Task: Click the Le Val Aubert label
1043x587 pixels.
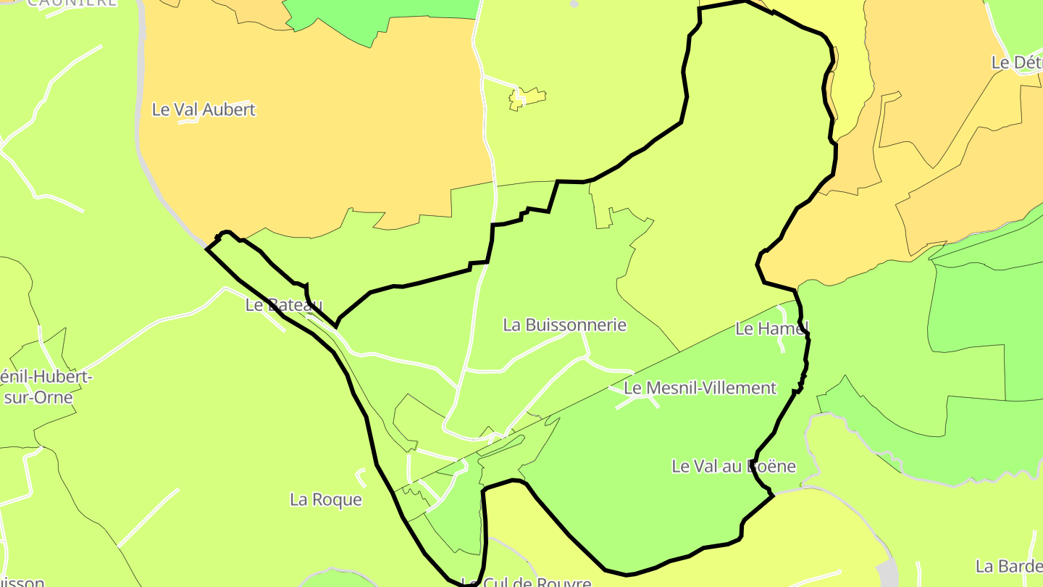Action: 204,109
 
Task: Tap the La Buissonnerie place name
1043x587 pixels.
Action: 564,325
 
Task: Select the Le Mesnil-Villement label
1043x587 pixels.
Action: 700,388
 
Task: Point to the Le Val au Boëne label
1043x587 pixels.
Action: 734,466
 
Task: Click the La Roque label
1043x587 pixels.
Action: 325,499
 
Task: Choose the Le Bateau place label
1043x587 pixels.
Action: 283,305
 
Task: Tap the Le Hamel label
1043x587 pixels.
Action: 771,328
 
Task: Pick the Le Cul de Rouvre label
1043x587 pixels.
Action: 527,582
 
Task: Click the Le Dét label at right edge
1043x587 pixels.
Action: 1017,62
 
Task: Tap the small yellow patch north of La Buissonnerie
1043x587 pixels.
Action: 527,98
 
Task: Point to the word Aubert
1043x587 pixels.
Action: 230,109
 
